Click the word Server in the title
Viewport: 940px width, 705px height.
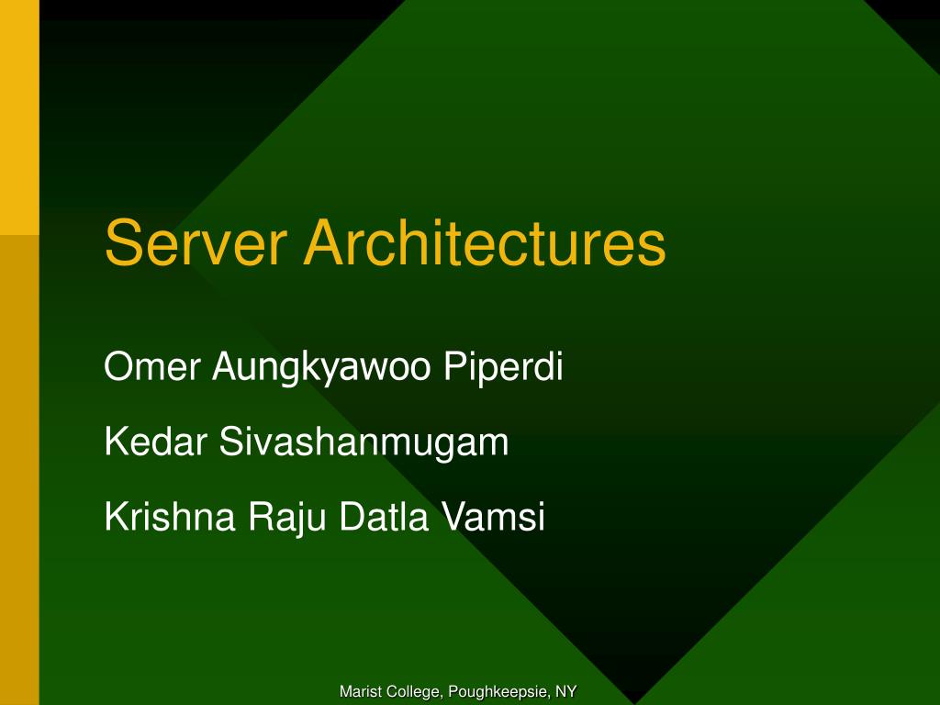[196, 242]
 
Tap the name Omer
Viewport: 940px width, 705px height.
[151, 366]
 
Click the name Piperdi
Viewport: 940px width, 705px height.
[504, 368]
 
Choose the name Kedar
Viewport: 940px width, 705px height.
[156, 442]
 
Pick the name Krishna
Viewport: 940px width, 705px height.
[170, 517]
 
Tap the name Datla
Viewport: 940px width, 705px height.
[385, 517]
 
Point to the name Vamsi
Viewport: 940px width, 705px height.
[493, 517]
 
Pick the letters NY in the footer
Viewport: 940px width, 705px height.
[565, 691]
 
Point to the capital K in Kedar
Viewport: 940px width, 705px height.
[115, 442]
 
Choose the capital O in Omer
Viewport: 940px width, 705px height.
[117, 366]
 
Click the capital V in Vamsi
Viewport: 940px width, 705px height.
[454, 517]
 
